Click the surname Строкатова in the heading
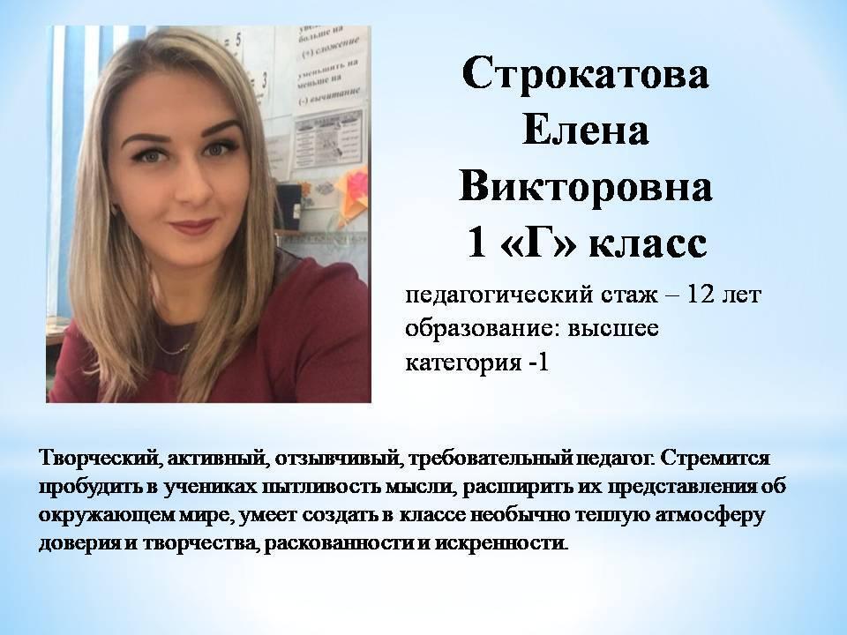[586, 74]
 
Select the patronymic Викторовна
[586, 185]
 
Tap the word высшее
[612, 329]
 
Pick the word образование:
[482, 329]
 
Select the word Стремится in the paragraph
[716, 459]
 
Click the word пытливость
[322, 487]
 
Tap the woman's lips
[191, 226]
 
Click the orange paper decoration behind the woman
[351, 190]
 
